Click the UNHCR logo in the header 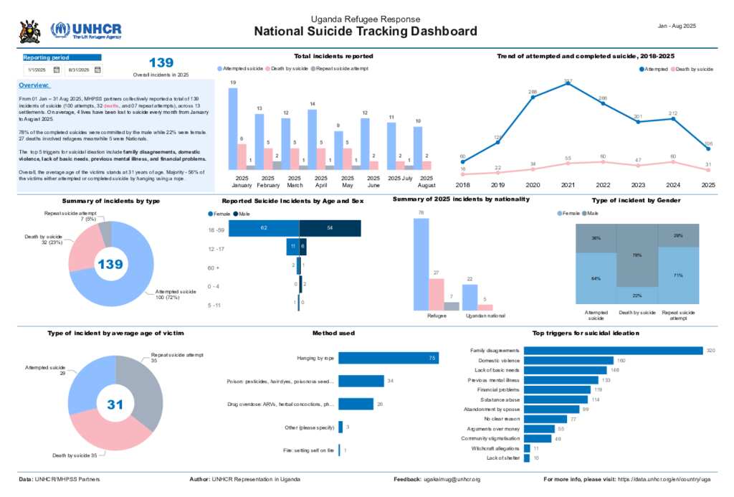tap(85, 31)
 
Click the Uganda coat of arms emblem tap(30, 31)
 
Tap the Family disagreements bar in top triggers tap(613, 351)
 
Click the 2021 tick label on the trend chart tap(568, 185)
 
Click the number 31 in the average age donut tap(115, 404)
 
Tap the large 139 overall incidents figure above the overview tap(161, 63)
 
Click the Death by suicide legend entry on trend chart tap(692, 69)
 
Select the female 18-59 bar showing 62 tap(264, 228)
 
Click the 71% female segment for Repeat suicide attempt tap(678, 275)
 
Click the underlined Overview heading tap(34, 85)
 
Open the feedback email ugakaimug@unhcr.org tap(452, 478)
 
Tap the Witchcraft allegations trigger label tap(495, 448)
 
